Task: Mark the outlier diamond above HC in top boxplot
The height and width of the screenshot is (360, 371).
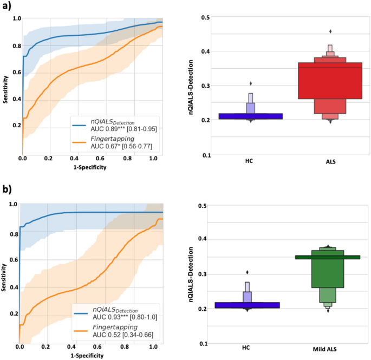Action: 250,83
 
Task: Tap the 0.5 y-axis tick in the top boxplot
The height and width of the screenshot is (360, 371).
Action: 205,17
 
